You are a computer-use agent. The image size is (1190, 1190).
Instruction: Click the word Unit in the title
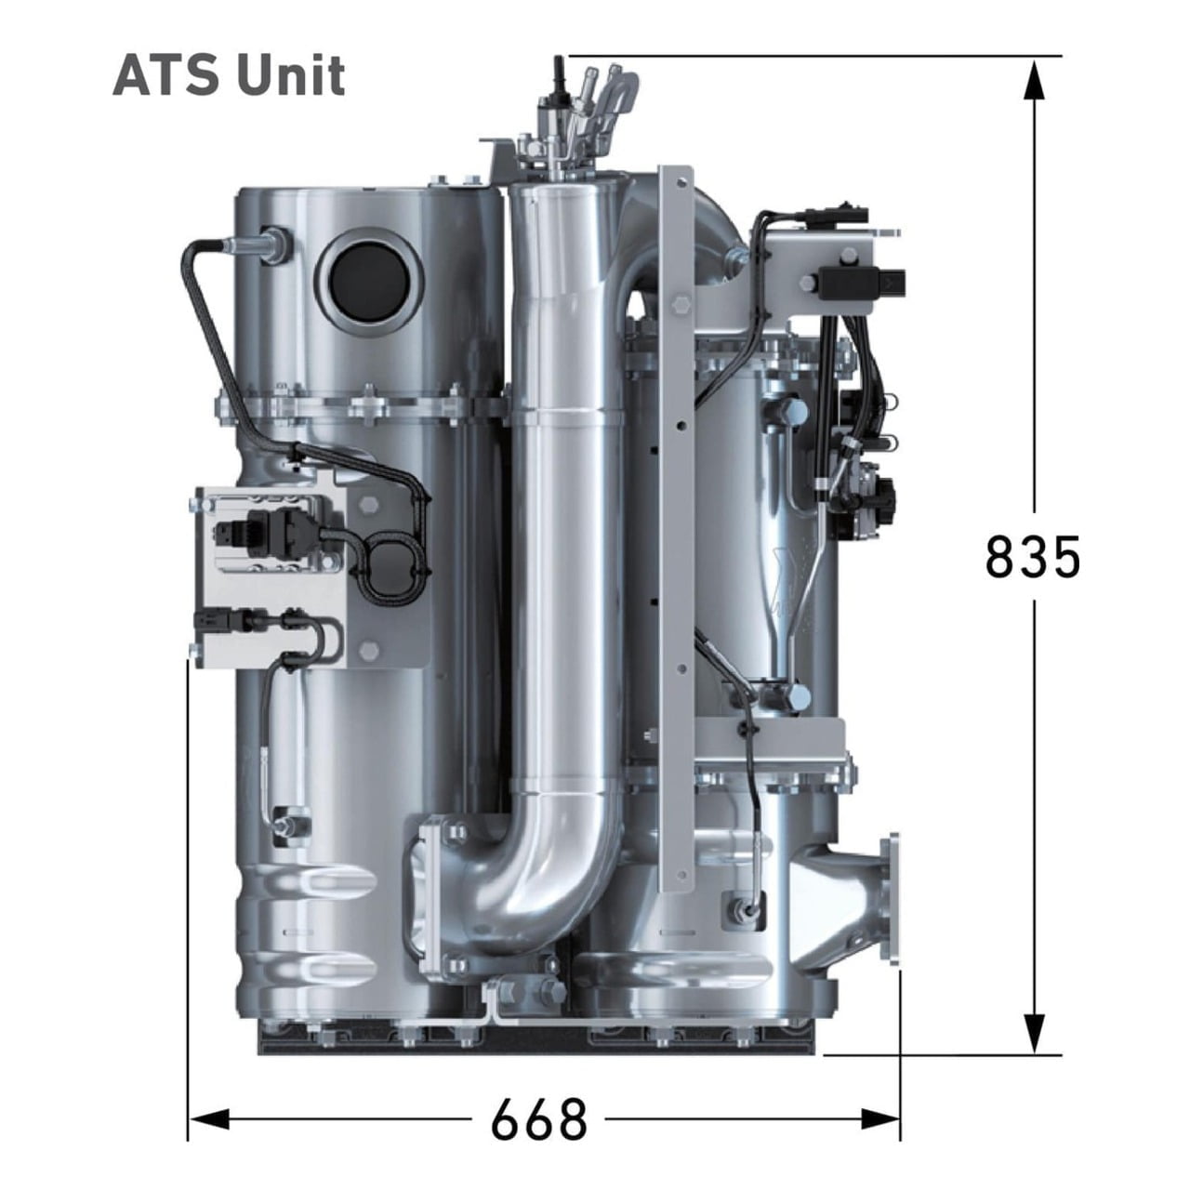(290, 75)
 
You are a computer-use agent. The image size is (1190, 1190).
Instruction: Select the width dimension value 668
(539, 1118)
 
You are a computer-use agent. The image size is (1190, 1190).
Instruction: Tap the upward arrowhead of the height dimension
(1034, 79)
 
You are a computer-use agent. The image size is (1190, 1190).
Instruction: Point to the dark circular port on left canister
(368, 279)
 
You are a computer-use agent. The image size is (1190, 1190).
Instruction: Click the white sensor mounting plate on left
(270, 576)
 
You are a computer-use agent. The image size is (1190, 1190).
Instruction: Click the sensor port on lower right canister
(744, 906)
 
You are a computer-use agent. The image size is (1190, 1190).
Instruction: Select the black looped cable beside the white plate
(390, 567)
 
